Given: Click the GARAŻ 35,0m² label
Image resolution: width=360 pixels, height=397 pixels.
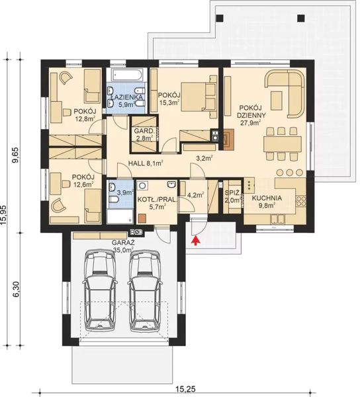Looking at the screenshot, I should click(124, 247).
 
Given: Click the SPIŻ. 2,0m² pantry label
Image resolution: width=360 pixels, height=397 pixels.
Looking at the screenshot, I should click(232, 197).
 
